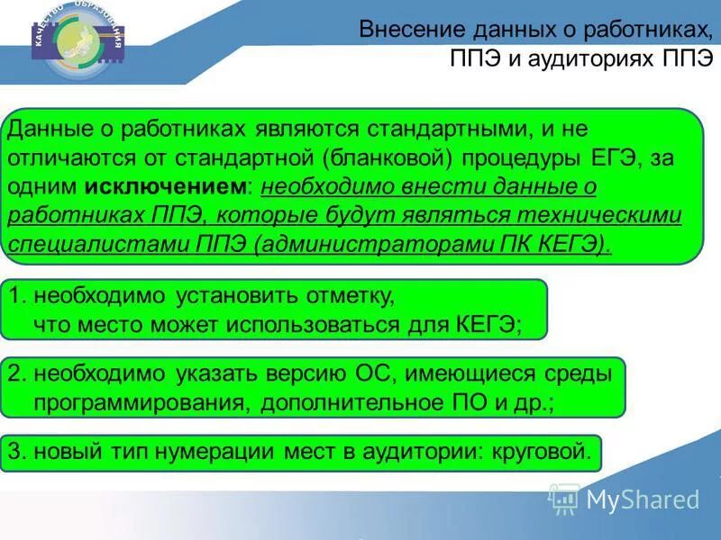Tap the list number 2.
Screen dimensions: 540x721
pyautogui.click(x=17, y=373)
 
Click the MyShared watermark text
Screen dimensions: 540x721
pyautogui.click(x=642, y=499)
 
